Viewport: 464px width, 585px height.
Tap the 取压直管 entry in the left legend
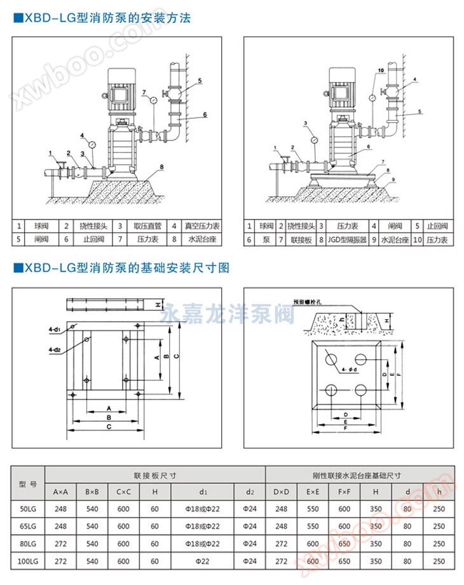148,226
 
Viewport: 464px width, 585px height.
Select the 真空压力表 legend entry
202,226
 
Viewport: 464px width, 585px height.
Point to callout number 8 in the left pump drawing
162,167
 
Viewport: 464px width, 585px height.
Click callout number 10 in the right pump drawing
381,70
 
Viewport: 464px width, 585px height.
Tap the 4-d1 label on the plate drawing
55,329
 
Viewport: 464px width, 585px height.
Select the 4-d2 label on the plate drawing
55,350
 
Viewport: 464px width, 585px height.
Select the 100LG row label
28,561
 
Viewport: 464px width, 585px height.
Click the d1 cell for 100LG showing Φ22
204,561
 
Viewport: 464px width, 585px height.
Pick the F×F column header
344,492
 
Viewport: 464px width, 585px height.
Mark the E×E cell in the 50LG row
313,509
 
